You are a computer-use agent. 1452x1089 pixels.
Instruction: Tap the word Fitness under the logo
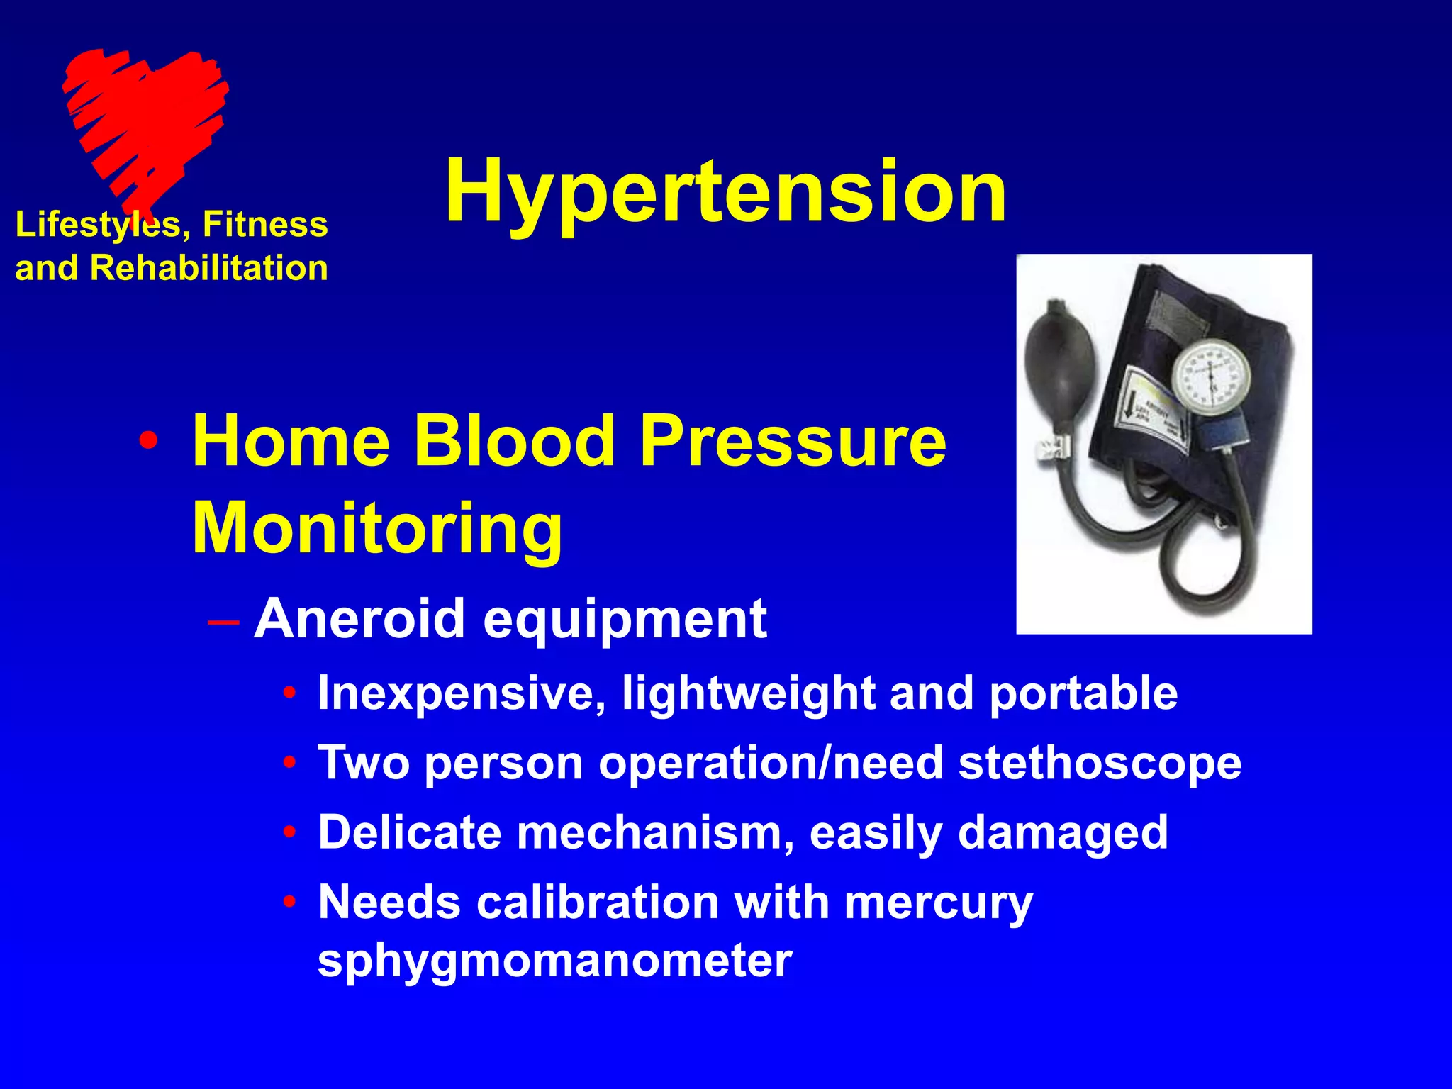265,225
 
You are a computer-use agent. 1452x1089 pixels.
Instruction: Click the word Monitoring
378,529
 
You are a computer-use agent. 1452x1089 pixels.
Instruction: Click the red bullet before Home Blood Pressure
148,441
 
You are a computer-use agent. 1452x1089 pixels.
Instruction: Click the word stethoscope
1100,763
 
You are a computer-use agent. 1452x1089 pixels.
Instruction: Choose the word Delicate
410,832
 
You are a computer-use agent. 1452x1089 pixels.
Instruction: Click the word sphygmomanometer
554,961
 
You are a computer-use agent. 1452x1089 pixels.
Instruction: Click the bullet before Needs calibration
289,903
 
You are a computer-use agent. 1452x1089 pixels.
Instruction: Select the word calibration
598,903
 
